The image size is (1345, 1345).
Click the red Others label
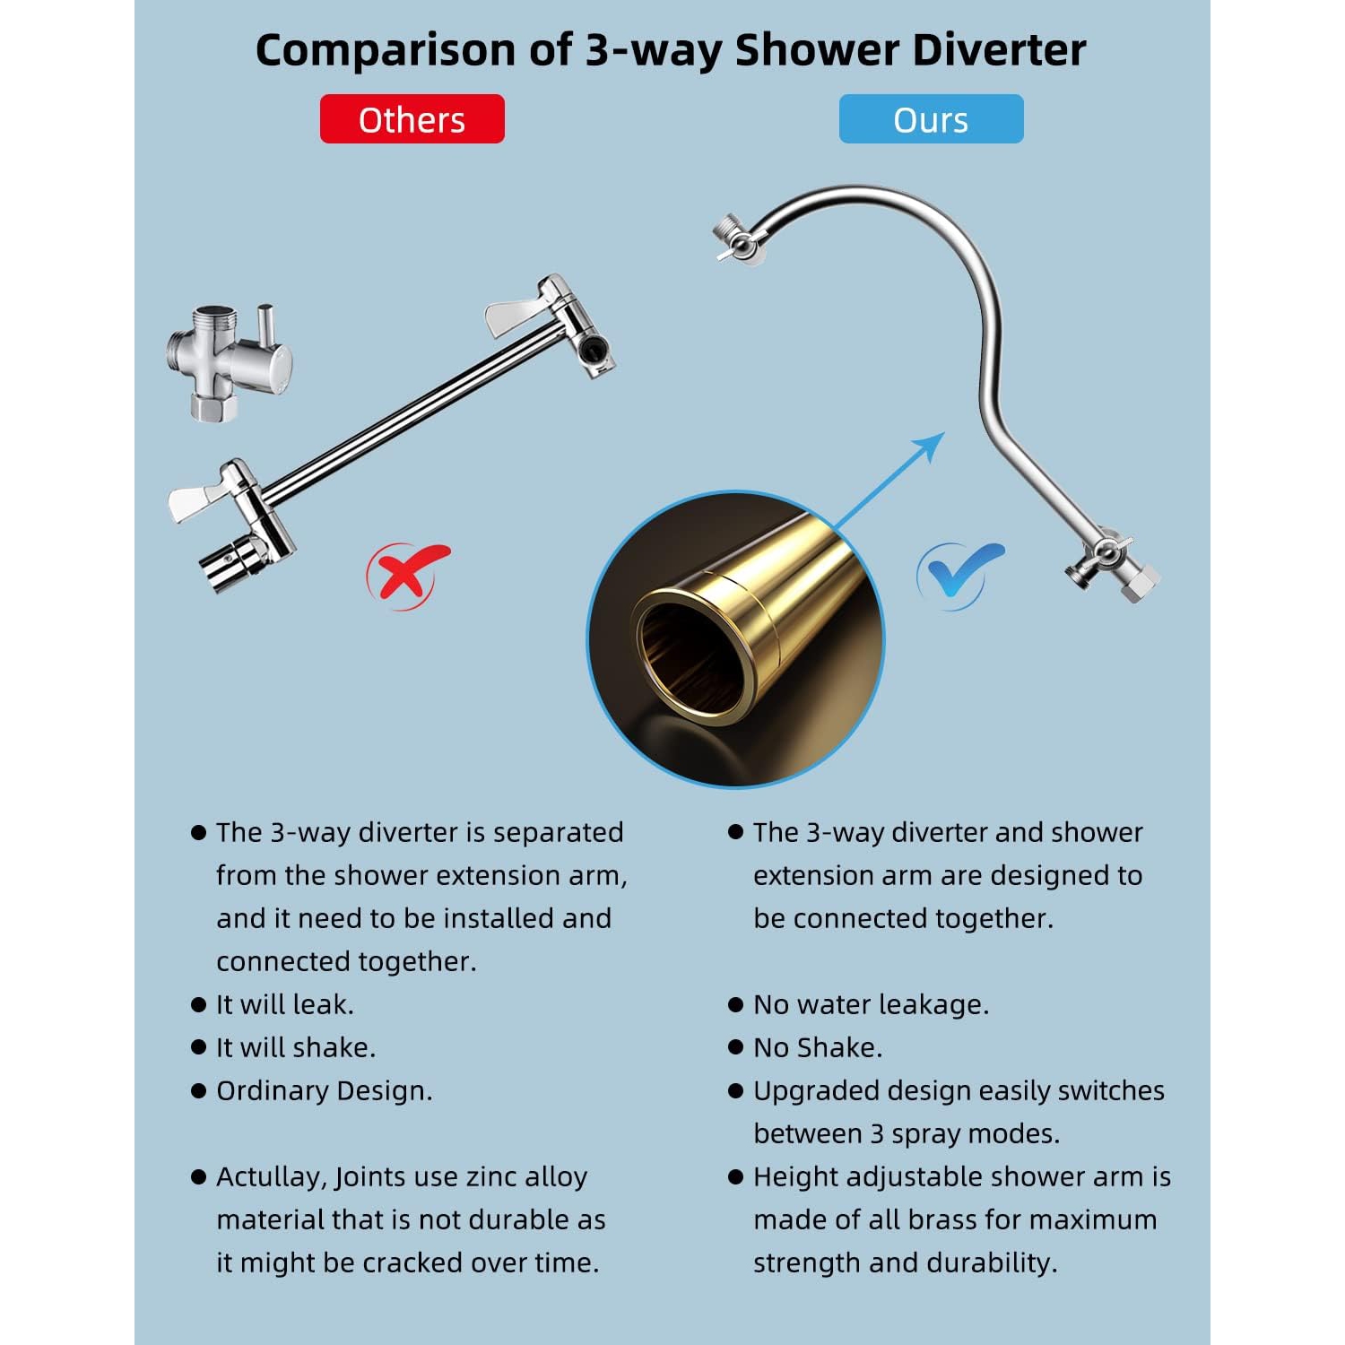tap(412, 119)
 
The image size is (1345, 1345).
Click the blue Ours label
tap(931, 119)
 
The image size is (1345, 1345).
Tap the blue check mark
tap(958, 574)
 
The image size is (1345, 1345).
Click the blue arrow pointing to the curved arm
tap(892, 480)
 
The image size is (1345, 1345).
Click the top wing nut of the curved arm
tap(737, 239)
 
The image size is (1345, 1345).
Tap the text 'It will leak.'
tap(285, 1004)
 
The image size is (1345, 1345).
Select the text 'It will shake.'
tap(296, 1047)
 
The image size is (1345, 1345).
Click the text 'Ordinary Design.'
tap(324, 1090)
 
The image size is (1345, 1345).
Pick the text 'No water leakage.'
tap(871, 1004)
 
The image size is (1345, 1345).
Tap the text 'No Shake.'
tap(818, 1047)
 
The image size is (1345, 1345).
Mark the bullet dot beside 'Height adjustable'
tap(736, 1176)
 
